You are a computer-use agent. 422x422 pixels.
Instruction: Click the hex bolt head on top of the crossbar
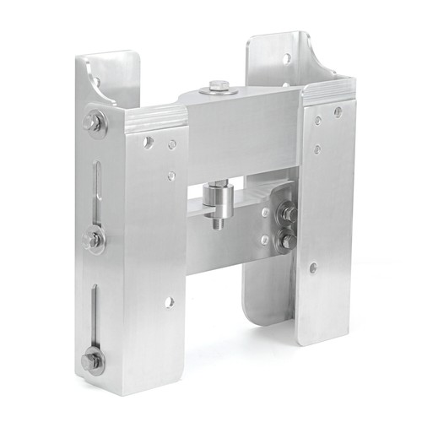(x=219, y=84)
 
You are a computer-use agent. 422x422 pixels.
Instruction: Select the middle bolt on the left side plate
(x=94, y=241)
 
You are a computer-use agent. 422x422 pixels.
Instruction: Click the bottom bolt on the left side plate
(x=92, y=360)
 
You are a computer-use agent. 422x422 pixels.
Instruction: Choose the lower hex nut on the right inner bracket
(x=286, y=241)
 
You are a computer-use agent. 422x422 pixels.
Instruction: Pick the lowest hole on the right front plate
(x=313, y=268)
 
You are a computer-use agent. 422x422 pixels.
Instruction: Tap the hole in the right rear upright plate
(x=287, y=58)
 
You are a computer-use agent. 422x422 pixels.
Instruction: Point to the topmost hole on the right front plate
(x=338, y=111)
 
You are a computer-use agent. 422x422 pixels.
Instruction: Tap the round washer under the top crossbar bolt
(x=219, y=89)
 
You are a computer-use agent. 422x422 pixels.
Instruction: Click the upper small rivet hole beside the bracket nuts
(x=265, y=213)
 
